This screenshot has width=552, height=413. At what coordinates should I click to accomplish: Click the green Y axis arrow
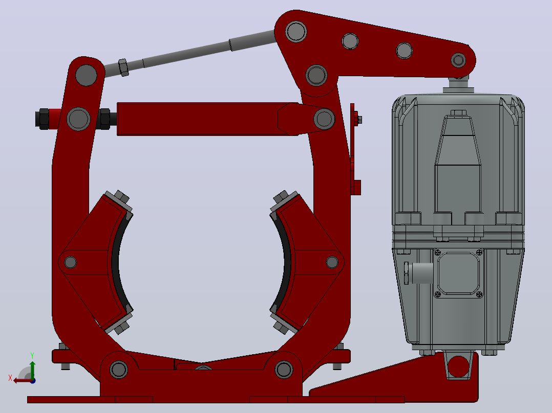pyautogui.click(x=32, y=369)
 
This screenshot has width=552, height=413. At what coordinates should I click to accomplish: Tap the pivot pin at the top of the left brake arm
pyautogui.click(x=86, y=75)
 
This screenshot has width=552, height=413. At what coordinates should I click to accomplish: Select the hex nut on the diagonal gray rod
pyautogui.click(x=123, y=67)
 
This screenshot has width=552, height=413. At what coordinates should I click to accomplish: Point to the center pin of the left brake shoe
pyautogui.click(x=71, y=262)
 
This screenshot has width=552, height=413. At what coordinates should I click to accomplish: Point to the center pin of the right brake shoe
pyautogui.click(x=332, y=262)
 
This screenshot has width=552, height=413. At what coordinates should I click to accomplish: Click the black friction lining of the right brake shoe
pyautogui.click(x=286, y=262)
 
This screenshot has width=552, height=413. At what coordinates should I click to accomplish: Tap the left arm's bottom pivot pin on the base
pyautogui.click(x=119, y=370)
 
